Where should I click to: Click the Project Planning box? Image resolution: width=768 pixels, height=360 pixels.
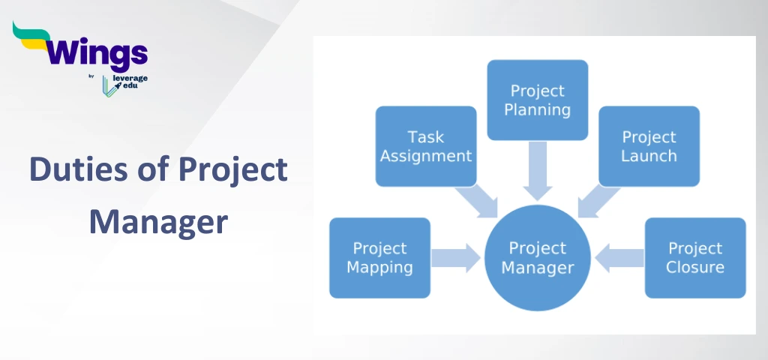click(x=537, y=100)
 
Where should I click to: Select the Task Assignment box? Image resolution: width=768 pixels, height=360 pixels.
click(x=425, y=146)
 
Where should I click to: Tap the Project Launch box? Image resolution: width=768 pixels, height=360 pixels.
click(x=649, y=146)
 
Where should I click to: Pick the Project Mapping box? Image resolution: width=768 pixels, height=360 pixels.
click(x=379, y=257)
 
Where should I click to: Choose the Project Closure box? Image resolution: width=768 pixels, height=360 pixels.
click(x=695, y=257)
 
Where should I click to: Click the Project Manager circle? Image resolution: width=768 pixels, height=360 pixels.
click(x=537, y=257)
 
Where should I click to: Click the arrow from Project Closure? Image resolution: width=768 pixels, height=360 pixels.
click(x=619, y=257)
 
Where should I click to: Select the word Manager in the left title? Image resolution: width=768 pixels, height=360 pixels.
click(x=157, y=222)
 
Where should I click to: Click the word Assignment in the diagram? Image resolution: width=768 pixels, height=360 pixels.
click(x=425, y=156)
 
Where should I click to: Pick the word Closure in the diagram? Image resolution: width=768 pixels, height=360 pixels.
click(x=695, y=267)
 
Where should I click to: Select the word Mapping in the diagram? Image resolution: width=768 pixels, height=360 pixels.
click(x=379, y=267)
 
